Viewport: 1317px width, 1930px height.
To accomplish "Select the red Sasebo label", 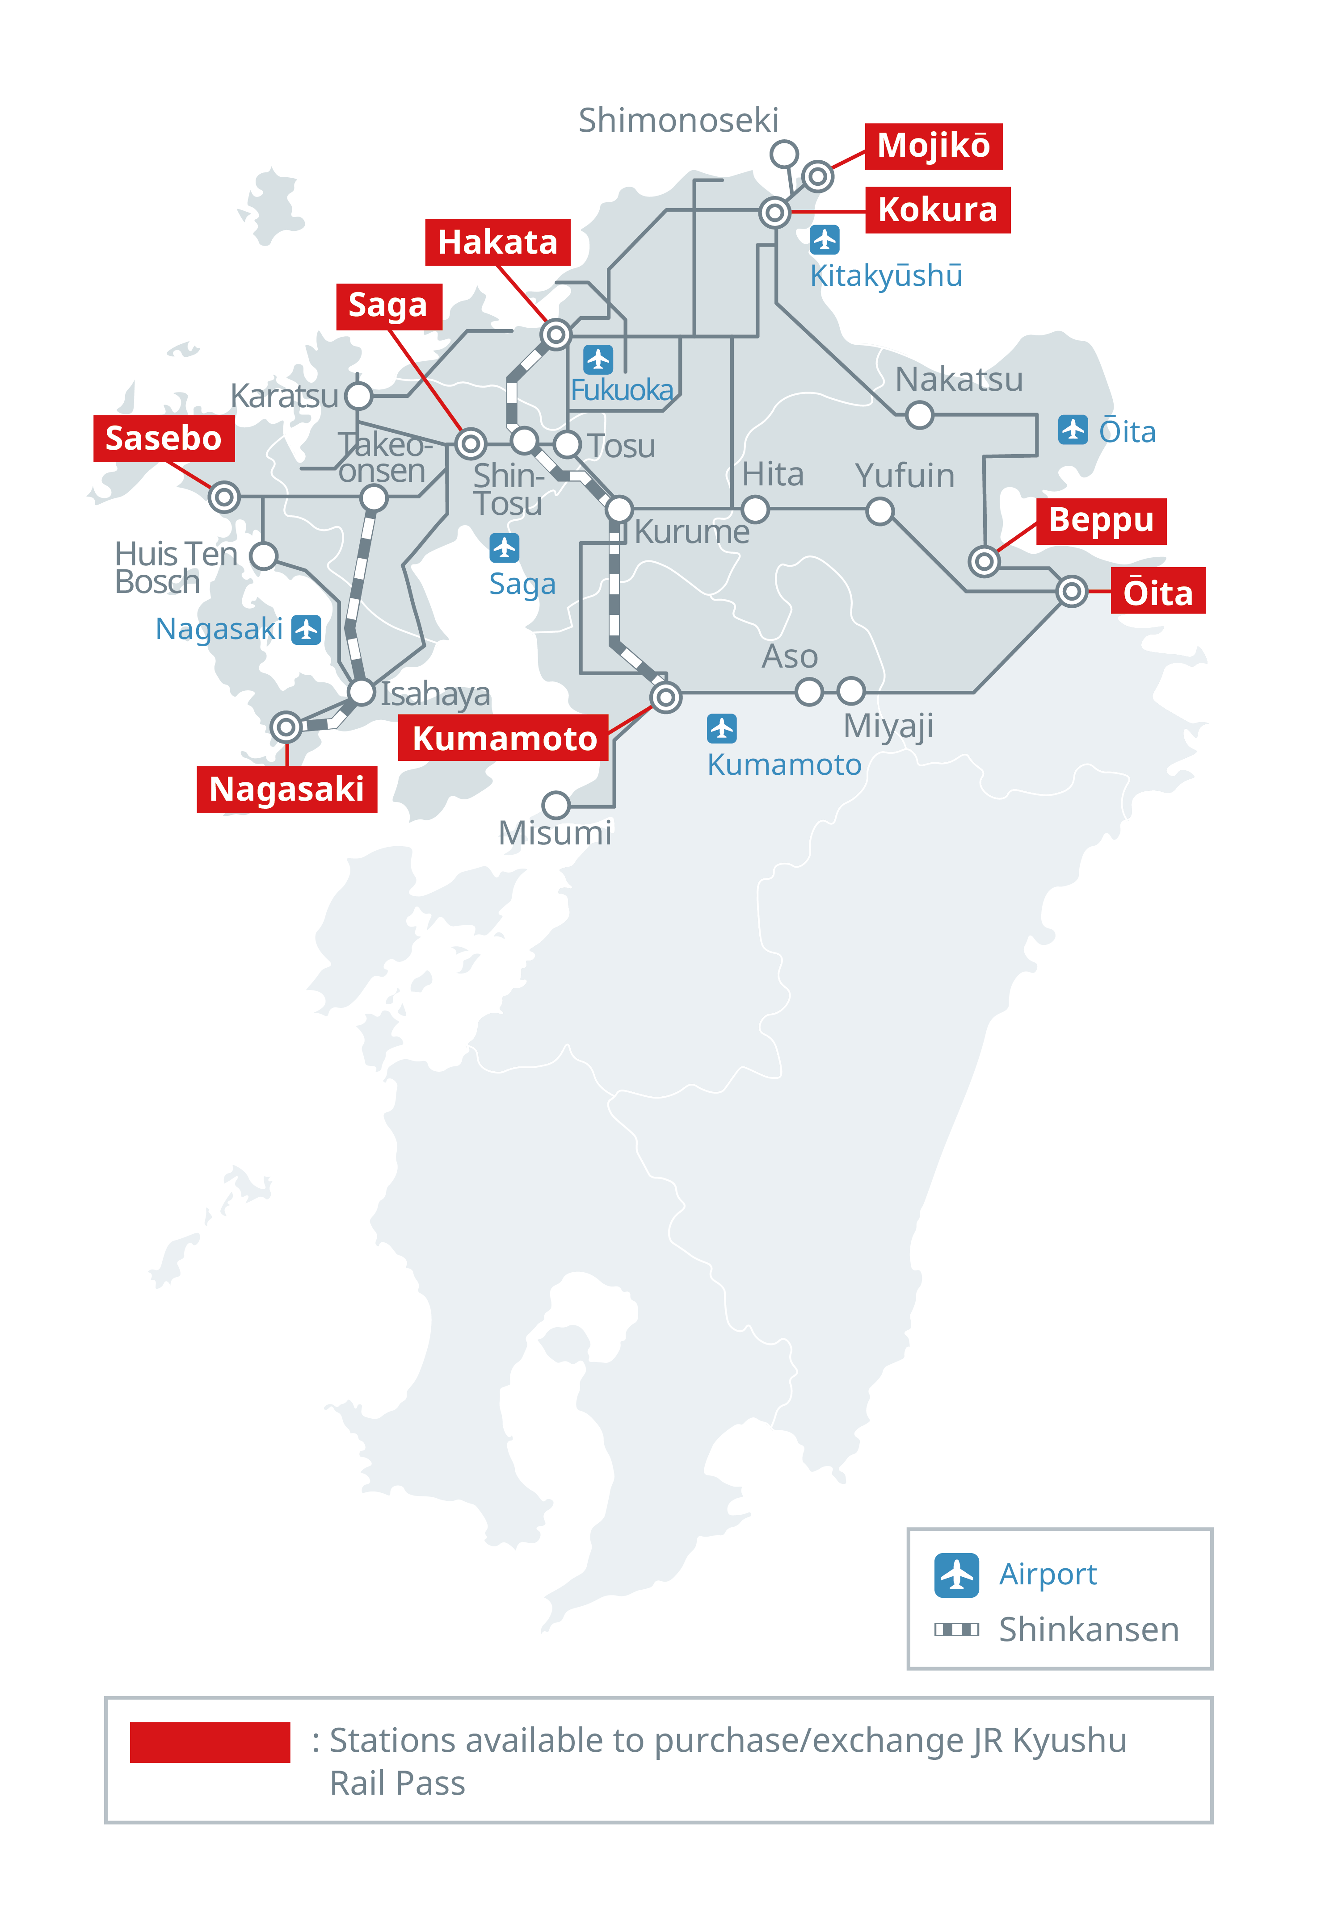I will [x=164, y=439].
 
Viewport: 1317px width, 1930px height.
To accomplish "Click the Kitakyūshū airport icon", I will [x=824, y=240].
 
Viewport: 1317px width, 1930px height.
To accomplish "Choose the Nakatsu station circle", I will [x=919, y=414].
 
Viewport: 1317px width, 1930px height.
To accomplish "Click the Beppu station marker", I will [x=984, y=561].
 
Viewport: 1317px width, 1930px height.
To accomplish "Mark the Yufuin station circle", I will [x=879, y=511].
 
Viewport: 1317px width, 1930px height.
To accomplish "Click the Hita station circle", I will [x=754, y=509].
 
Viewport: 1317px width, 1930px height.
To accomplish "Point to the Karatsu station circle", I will [x=358, y=396].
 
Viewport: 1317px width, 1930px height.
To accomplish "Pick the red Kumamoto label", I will [x=504, y=737].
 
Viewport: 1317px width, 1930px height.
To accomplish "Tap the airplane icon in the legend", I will [x=956, y=1575].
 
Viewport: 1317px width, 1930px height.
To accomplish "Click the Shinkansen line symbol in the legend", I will [x=956, y=1629].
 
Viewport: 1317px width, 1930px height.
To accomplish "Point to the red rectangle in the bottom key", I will [x=210, y=1742].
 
